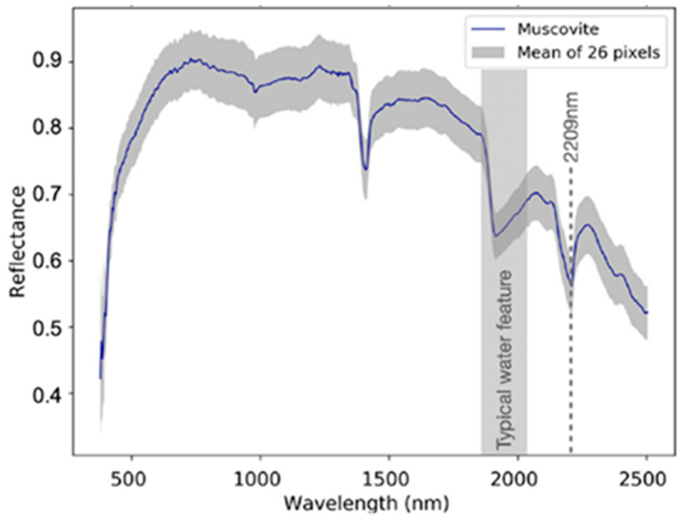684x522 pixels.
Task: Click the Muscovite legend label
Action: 558,29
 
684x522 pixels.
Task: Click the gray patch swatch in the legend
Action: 488,52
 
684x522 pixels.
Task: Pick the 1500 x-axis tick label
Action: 389,480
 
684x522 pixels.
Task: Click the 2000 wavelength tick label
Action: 517,480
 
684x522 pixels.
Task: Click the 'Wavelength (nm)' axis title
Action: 367,504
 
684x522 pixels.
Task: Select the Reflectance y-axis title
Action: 18,242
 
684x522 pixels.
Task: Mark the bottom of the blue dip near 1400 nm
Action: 366,169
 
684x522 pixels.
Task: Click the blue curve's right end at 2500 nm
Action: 647,313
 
